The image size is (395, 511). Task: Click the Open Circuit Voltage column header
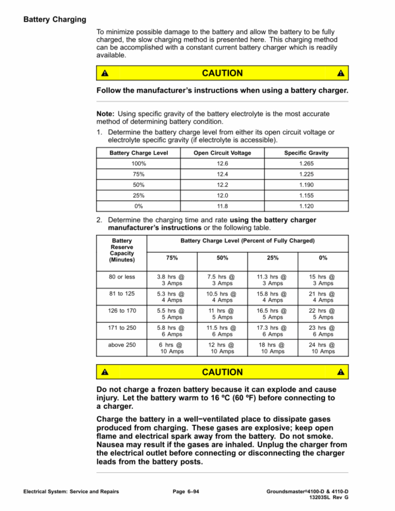pos(222,153)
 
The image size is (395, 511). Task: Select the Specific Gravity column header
pos(306,153)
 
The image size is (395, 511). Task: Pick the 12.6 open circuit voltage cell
pos(222,163)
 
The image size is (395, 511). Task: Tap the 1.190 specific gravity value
pos(306,185)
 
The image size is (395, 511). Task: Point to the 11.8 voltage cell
pos(222,206)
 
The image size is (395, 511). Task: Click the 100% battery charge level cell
pos(139,163)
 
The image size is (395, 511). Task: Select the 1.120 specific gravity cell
pos(306,206)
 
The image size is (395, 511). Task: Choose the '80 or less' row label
pos(122,277)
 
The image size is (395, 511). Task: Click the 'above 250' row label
pos(122,344)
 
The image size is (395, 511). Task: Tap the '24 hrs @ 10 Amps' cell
pos(323,348)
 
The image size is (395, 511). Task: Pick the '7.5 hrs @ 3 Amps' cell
pos(222,281)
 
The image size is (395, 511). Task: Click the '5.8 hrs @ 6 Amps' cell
pos(171,331)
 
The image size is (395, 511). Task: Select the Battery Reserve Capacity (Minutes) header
pos(122,251)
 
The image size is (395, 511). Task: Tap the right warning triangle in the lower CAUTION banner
pos(340,373)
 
